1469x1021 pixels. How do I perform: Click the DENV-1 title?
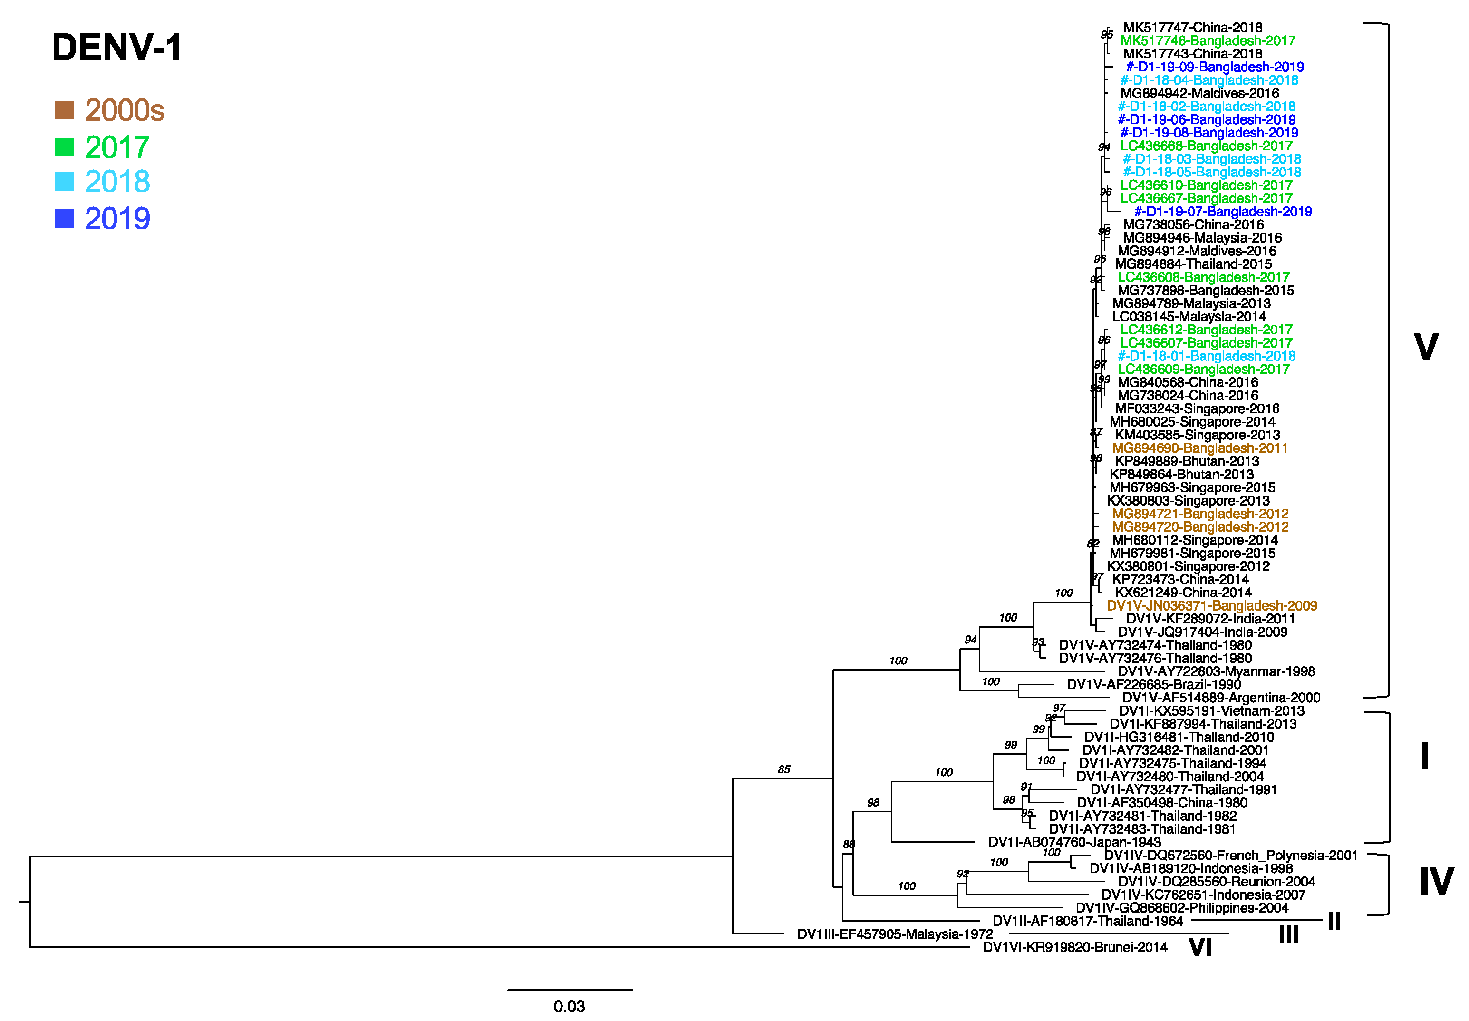click(x=117, y=48)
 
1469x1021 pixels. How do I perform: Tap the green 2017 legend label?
click(x=117, y=147)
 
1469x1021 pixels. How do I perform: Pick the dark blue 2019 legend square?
click(x=64, y=219)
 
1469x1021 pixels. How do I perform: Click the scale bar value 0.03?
click(x=569, y=1006)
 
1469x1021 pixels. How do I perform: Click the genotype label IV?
click(x=1436, y=882)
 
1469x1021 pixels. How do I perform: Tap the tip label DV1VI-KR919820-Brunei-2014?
click(x=1074, y=947)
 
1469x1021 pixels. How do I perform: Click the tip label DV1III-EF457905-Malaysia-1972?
click(x=895, y=934)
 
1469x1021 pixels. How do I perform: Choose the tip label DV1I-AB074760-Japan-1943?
click(x=1074, y=843)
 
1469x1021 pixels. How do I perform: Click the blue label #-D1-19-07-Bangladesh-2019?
click(x=1222, y=212)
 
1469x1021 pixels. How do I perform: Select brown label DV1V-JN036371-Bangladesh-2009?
click(x=1211, y=606)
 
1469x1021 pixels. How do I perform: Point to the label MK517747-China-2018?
click(x=1192, y=28)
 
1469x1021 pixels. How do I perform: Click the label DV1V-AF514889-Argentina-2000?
click(x=1221, y=698)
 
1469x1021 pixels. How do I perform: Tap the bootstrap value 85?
click(x=783, y=769)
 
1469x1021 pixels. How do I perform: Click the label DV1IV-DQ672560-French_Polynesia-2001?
click(x=1230, y=856)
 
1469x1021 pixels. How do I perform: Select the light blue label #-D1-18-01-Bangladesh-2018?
click(x=1206, y=356)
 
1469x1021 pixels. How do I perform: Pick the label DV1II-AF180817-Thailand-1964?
click(x=1087, y=921)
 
